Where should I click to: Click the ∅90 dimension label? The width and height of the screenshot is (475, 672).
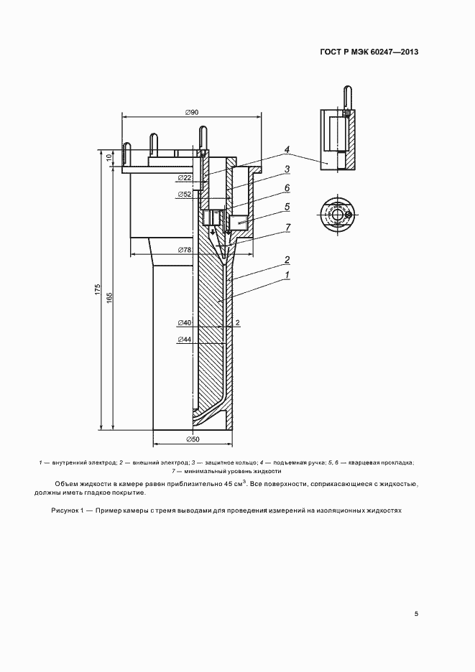(x=192, y=112)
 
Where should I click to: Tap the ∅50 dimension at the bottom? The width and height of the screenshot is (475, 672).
(x=193, y=439)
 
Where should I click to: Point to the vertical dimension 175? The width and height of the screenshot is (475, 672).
(x=98, y=289)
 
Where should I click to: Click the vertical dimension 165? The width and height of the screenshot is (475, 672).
(x=109, y=298)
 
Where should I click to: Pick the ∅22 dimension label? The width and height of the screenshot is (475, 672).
(x=184, y=177)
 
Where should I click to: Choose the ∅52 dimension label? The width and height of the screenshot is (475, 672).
(x=184, y=195)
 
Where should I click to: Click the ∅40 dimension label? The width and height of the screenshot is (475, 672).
(x=184, y=322)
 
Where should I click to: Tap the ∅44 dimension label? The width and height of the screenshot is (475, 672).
(x=184, y=340)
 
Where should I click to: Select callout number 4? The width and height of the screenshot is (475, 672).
(x=287, y=149)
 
